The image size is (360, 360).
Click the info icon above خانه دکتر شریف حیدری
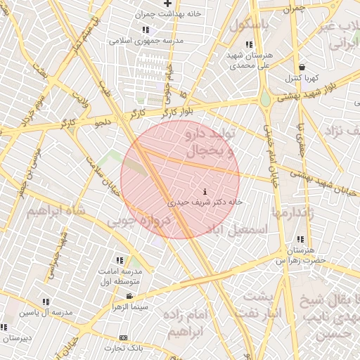click(x=205, y=191)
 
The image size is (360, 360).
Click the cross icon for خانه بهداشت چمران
click(x=167, y=4)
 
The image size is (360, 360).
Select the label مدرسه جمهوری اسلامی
click(x=146, y=40)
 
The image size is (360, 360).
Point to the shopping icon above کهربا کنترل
click(x=302, y=67)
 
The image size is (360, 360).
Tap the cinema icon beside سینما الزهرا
click(x=129, y=296)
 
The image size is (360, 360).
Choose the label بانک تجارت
click(x=124, y=348)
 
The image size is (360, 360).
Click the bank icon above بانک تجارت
click(x=124, y=338)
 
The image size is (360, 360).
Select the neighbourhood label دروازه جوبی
click(x=139, y=221)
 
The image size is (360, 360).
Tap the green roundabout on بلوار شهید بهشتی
click(x=266, y=99)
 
